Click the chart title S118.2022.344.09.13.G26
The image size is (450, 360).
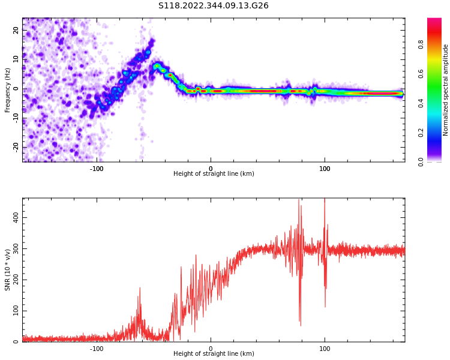click(213, 6)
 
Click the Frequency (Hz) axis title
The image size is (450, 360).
click(8, 90)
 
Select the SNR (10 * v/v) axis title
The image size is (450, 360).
click(8, 270)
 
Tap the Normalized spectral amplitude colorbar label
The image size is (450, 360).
click(446, 90)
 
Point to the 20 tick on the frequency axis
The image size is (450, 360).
click(16, 30)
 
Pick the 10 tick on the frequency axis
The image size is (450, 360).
click(16, 59)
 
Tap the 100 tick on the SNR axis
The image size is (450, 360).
click(16, 311)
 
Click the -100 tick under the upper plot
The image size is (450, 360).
click(97, 169)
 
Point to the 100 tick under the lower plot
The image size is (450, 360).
click(325, 349)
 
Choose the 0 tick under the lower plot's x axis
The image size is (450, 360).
click(211, 349)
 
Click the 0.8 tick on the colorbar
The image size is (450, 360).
click(421, 44)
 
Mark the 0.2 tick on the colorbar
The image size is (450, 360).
click(421, 133)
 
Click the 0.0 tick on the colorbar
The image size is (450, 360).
click(421, 161)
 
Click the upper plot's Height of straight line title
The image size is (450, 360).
click(214, 174)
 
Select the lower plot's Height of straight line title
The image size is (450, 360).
click(214, 354)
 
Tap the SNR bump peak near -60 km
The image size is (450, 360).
click(140, 288)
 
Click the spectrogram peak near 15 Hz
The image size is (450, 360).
click(152, 42)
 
